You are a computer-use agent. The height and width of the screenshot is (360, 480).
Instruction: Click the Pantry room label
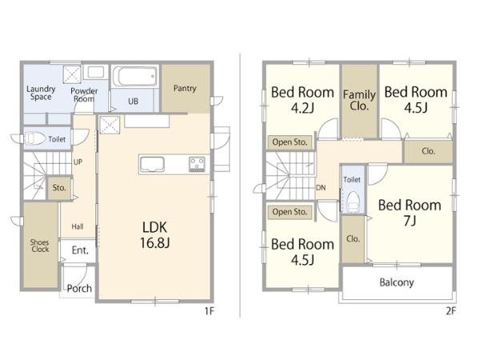[185, 89]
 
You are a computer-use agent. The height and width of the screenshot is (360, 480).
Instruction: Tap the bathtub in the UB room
[134, 77]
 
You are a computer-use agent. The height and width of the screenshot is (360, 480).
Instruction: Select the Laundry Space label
[41, 93]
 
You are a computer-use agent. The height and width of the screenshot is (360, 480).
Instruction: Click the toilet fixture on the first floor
[34, 138]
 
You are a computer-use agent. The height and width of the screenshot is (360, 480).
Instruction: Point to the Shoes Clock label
[40, 246]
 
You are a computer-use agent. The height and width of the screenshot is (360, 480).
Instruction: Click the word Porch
[79, 288]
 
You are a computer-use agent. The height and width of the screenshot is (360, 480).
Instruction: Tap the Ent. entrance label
[80, 250]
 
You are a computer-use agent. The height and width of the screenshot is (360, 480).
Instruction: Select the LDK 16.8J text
[155, 235]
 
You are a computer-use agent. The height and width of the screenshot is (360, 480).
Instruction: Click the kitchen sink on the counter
[152, 164]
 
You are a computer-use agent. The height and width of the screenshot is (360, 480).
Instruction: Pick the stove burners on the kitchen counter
[197, 164]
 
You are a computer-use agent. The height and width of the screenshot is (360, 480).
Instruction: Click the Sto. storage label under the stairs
[59, 188]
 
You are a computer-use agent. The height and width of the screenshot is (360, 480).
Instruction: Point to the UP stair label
[78, 162]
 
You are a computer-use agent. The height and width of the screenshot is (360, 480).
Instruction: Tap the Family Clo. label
[359, 100]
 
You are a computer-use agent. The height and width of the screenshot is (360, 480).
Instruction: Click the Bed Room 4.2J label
[302, 100]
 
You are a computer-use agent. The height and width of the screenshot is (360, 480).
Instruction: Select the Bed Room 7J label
[410, 213]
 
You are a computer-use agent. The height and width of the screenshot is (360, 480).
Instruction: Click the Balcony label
[397, 282]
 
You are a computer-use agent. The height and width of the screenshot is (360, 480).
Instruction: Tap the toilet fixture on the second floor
[354, 202]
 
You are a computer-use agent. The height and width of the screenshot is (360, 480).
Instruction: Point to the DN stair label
[321, 188]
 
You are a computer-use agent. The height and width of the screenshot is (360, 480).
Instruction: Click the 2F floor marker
[451, 311]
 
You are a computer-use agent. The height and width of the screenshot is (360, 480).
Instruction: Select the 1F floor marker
[210, 311]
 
